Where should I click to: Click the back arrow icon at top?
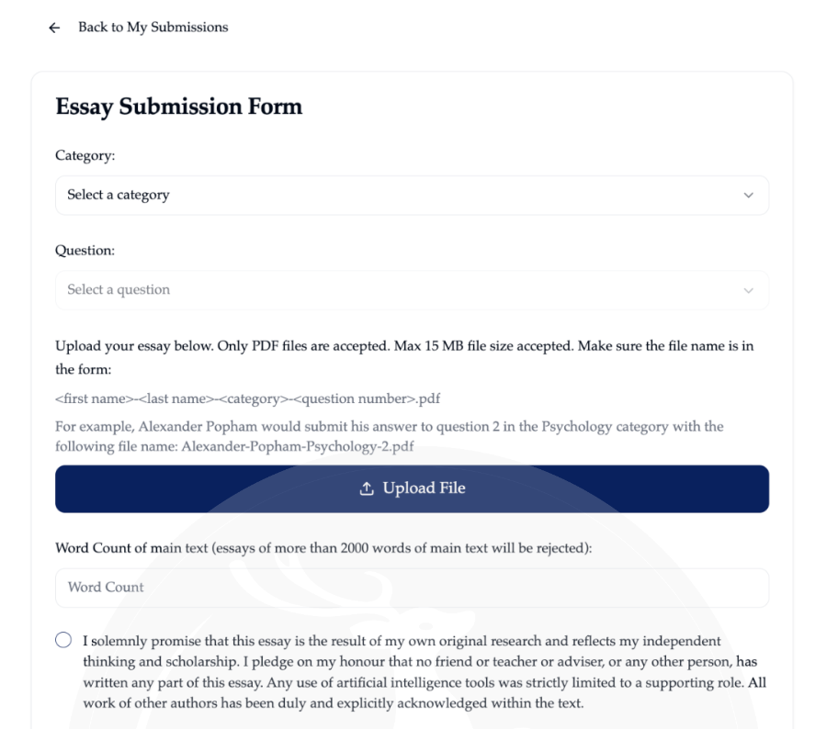tap(54, 28)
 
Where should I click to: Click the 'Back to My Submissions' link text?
tap(153, 28)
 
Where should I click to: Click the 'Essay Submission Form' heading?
tap(178, 107)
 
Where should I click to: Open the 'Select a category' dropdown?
tap(412, 196)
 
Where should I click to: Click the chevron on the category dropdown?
tap(748, 196)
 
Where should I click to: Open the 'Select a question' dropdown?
tap(412, 290)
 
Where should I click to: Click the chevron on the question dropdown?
tap(748, 290)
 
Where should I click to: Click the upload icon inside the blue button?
tap(367, 488)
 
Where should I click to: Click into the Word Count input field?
tap(412, 588)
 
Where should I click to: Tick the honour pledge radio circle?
tap(63, 640)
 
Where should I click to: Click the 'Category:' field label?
tap(85, 156)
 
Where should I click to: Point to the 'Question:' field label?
tap(85, 251)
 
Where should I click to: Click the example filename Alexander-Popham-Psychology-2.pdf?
tap(298, 446)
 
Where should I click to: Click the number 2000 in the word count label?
tap(357, 548)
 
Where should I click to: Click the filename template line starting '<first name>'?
tap(247, 398)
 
